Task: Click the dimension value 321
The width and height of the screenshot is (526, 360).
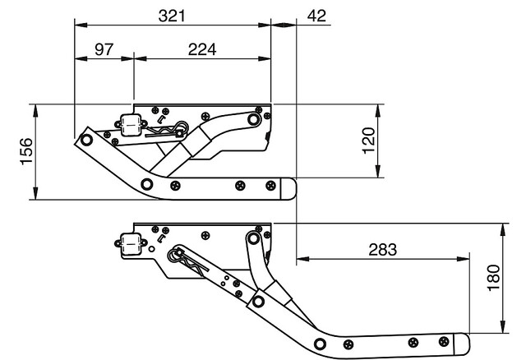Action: click(172, 16)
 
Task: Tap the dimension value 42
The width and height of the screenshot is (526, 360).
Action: click(316, 16)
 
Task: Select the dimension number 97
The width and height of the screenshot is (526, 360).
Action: click(104, 49)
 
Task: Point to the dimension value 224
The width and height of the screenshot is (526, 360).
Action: click(202, 49)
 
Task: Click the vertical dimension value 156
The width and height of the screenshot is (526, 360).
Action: click(27, 151)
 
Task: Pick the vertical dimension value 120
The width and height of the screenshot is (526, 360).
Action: click(369, 141)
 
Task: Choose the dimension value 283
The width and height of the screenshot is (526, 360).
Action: click(383, 250)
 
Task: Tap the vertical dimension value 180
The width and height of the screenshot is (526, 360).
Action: click(494, 278)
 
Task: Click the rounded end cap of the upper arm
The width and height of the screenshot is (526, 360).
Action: click(288, 189)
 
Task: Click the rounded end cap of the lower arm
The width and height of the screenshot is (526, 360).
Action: click(462, 344)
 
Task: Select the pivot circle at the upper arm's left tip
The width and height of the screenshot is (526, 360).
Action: click(86, 140)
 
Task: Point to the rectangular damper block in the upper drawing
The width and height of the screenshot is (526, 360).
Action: click(131, 125)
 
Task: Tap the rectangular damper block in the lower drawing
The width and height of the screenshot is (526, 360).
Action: click(131, 244)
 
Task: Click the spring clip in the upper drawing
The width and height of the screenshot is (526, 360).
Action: click(168, 130)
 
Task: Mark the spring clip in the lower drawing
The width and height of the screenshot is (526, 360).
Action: click(188, 261)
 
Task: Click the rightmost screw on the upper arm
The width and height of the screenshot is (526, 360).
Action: click(270, 185)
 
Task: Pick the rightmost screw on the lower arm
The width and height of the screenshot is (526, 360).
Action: click(444, 342)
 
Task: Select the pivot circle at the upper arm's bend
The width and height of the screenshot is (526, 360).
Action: click(146, 184)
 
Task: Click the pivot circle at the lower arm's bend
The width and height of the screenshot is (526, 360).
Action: click(320, 344)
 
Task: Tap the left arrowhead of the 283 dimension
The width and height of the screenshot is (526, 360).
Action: click(302, 259)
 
